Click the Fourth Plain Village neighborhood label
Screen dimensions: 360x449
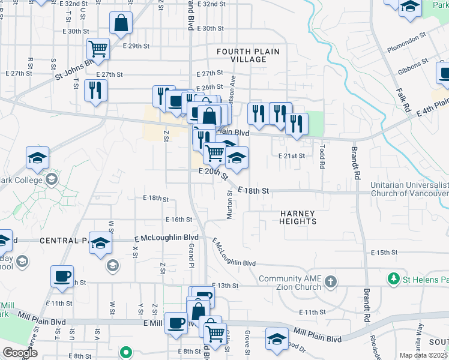coord(248,56)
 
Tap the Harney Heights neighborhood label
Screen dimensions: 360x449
coord(298,217)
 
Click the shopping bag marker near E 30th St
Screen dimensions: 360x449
coord(121,23)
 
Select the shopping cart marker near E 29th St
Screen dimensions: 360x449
coord(98,48)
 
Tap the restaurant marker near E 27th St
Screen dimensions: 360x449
coord(96,90)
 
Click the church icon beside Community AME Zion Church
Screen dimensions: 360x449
coord(331,281)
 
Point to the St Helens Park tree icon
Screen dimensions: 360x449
coord(393,279)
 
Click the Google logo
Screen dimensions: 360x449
coord(20,353)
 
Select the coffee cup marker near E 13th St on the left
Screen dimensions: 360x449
coord(62,276)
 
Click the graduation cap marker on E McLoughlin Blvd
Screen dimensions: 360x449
coord(101,243)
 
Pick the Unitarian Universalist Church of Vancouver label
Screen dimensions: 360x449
coord(409,190)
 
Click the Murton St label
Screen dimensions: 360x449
coord(230,205)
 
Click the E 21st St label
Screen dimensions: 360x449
coord(292,155)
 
